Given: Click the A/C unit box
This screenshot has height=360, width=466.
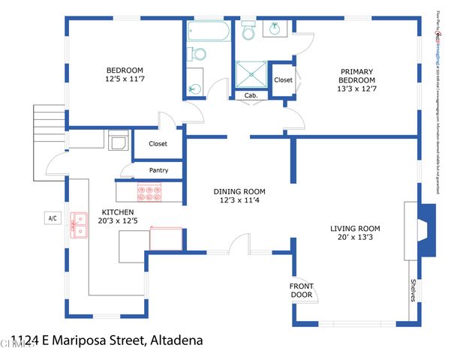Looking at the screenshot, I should [x=53, y=218].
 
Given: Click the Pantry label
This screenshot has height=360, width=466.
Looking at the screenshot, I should [x=158, y=170].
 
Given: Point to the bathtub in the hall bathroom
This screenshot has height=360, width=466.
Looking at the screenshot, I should [x=209, y=31].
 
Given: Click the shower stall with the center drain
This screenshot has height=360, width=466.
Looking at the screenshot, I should [x=251, y=76].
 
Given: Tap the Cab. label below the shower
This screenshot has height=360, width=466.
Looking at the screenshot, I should [x=251, y=95].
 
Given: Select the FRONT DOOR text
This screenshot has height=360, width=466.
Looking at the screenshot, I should [x=302, y=290].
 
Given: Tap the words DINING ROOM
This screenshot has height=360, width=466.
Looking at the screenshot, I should [x=239, y=191].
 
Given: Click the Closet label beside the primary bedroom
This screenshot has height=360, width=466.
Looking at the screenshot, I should [x=283, y=79].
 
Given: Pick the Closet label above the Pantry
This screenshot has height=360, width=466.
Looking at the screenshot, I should [x=158, y=144].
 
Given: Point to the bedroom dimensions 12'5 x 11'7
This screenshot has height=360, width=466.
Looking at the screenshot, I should [x=124, y=81].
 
